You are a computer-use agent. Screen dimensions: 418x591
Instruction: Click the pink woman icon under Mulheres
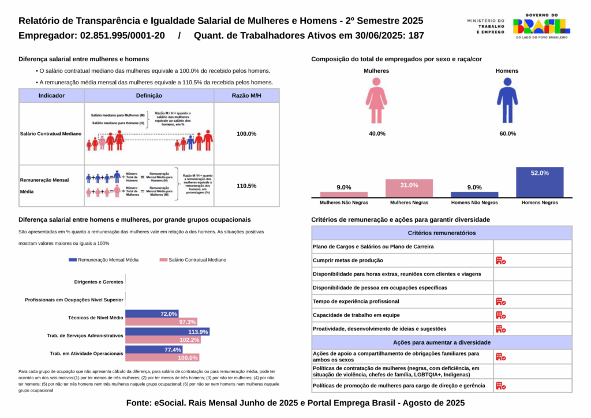pyautogui.click(x=376, y=101)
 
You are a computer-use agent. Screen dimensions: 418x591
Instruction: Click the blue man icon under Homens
pyautogui.click(x=507, y=101)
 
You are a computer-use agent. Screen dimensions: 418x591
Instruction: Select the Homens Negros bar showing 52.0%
pyautogui.click(x=540, y=182)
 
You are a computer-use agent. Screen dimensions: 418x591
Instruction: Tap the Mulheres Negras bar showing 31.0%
pyautogui.click(x=409, y=188)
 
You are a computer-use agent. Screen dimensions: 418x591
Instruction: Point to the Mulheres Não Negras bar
pyautogui.click(x=344, y=195)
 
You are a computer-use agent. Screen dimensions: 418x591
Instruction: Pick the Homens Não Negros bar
pyautogui.click(x=474, y=195)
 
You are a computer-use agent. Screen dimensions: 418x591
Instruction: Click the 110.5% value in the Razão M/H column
pyautogui.click(x=246, y=186)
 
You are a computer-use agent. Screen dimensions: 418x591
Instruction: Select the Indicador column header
pyautogui.click(x=51, y=95)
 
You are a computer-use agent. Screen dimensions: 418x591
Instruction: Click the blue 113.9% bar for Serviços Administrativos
pyautogui.click(x=167, y=332)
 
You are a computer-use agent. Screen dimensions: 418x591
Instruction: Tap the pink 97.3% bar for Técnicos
pyautogui.click(x=162, y=322)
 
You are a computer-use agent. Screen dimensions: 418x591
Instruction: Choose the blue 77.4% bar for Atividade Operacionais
pyautogui.click(x=154, y=350)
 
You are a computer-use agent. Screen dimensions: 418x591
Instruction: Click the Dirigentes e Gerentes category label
pyautogui.click(x=99, y=282)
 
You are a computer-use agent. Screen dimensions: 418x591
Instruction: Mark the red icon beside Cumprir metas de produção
pyautogui.click(x=500, y=260)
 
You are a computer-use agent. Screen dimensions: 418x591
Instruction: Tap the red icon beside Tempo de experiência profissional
pyautogui.click(x=500, y=301)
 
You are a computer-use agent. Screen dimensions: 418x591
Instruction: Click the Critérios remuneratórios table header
pyautogui.click(x=442, y=233)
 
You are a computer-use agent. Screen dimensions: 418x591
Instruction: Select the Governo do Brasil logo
pyautogui.click(x=541, y=26)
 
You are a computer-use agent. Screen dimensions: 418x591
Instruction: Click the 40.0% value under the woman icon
pyautogui.click(x=377, y=133)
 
